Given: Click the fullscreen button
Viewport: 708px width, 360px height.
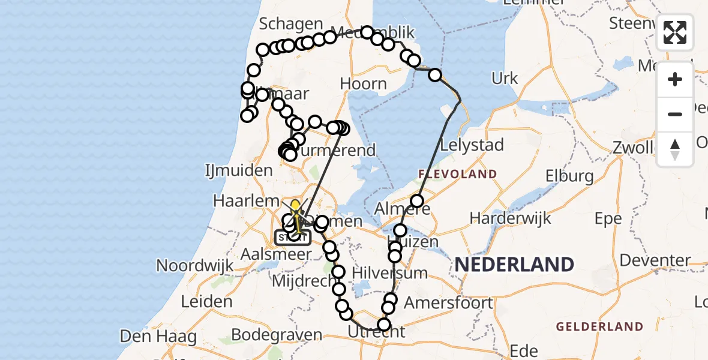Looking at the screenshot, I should coord(675,32).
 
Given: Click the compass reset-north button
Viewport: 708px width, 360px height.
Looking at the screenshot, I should coord(675,149).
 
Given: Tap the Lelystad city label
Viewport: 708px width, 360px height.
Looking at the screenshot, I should coord(472,145).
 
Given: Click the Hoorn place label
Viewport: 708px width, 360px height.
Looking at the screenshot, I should coord(363,84).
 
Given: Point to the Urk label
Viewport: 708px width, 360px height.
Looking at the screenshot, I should coord(504,78).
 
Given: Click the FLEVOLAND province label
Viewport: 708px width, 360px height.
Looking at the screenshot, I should coord(457,175).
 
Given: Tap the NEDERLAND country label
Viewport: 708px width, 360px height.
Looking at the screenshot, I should coord(514,264).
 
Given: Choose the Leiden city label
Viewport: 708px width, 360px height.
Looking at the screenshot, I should coord(206,301).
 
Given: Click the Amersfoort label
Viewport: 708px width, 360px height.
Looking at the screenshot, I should coord(448,302).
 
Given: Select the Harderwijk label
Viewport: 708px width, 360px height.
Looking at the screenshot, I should coord(510,217).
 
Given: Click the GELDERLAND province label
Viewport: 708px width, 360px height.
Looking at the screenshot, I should coord(599,327).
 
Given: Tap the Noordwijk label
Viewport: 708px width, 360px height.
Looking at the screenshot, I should coord(194,265).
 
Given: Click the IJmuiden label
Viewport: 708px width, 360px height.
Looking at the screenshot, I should coord(238,170).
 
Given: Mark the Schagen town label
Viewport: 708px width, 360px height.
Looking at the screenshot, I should coord(291,23).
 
